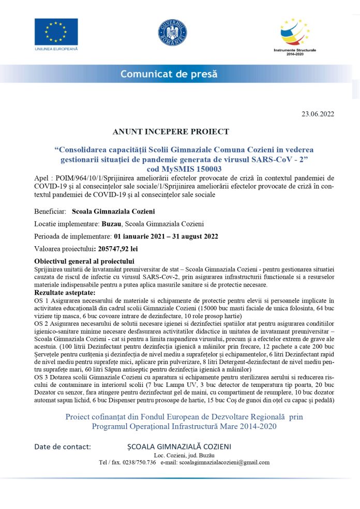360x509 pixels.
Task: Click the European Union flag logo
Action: [56, 32]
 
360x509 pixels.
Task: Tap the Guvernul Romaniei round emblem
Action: [172, 32]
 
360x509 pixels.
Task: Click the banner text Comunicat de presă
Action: [169, 74]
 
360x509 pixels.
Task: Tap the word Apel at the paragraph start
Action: [42, 178]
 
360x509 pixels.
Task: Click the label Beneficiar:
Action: [50, 212]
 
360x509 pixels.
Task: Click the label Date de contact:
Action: [63, 446]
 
